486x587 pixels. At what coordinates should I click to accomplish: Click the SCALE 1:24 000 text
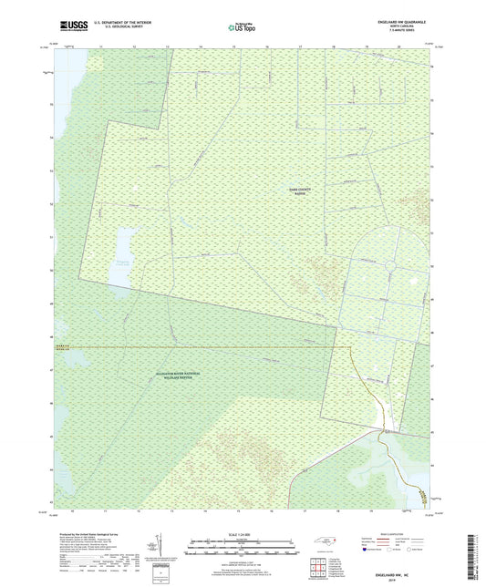(x=243, y=535)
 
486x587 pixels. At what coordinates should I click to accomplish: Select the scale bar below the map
(x=243, y=547)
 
